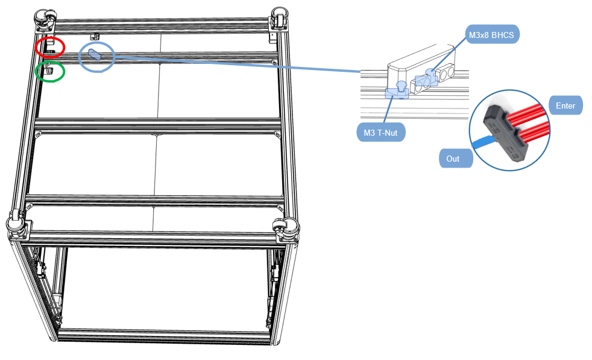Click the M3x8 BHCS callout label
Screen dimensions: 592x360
pyautogui.click(x=492, y=35)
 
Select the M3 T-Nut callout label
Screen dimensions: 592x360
pyautogui.click(x=380, y=133)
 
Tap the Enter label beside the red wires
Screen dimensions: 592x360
pyautogui.click(x=565, y=106)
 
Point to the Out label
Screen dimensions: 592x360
pyautogui.click(x=456, y=158)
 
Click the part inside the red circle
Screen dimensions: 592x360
pyautogui.click(x=51, y=47)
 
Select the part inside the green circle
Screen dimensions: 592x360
pyautogui.click(x=49, y=71)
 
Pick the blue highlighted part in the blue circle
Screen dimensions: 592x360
pyautogui.click(x=95, y=54)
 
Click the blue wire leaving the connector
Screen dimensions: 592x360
pyautogui.click(x=483, y=142)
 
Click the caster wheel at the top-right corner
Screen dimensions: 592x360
pyautogui.click(x=279, y=17)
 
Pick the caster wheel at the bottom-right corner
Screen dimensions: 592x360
pyautogui.click(x=286, y=229)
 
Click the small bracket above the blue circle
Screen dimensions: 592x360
pyautogui.click(x=95, y=37)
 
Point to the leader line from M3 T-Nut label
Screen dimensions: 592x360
pyautogui.click(x=388, y=110)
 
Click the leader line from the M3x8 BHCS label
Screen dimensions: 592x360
pyautogui.click(x=449, y=54)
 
